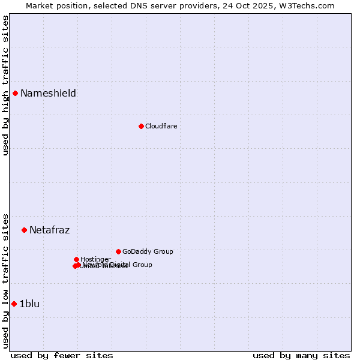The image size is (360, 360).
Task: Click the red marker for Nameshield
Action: (x=15, y=93)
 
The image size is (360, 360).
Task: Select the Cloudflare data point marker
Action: (x=141, y=126)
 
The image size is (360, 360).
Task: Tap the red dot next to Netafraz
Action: (x=24, y=230)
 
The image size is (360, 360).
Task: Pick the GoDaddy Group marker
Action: (x=118, y=251)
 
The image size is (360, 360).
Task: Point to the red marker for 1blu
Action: (x=14, y=304)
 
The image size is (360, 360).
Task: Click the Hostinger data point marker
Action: (x=76, y=259)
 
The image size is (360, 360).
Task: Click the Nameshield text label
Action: (x=48, y=93)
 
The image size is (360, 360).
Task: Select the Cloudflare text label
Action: (x=161, y=126)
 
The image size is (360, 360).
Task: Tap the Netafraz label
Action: (x=49, y=230)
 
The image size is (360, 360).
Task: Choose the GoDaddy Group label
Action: (x=148, y=251)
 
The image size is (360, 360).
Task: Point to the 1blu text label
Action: (x=29, y=304)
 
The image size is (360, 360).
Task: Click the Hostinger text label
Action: (x=95, y=259)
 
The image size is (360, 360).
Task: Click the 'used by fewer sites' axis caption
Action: (x=62, y=355)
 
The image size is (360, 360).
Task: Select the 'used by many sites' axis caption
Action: (x=301, y=355)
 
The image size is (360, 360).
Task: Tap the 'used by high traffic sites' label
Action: (x=5, y=85)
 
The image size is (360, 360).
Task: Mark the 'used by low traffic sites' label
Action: (x=5, y=280)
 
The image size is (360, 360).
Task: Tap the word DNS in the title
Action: (x=136, y=5)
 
